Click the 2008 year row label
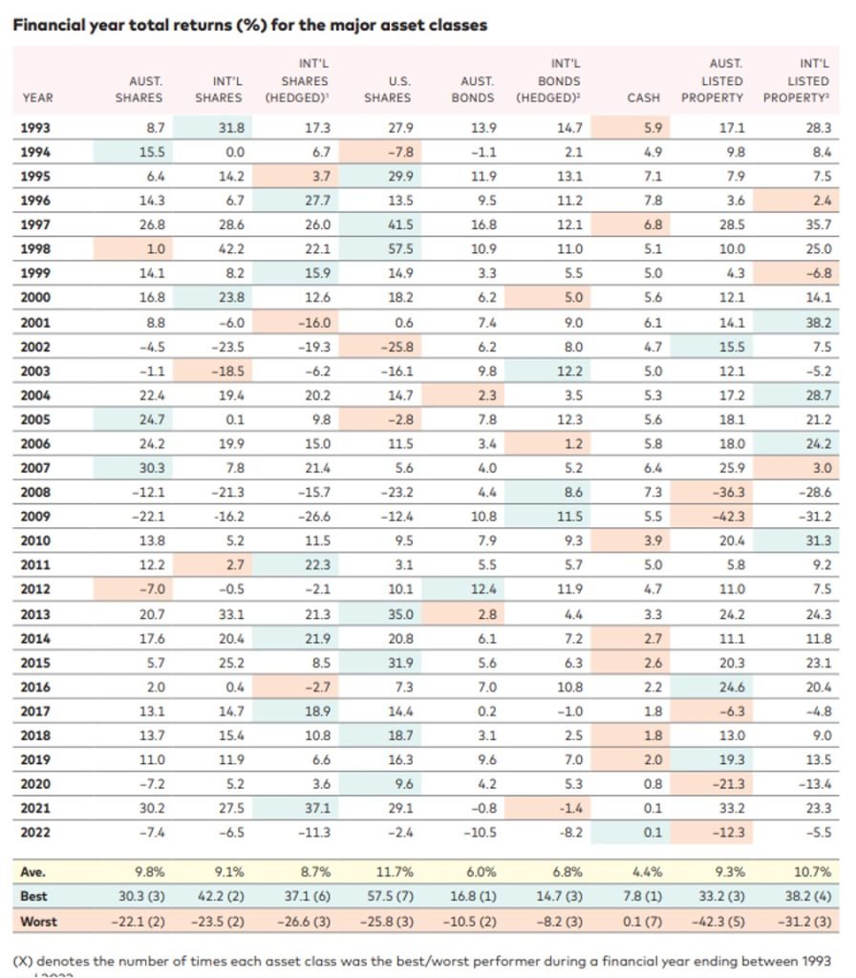tap(35, 492)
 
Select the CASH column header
tap(643, 98)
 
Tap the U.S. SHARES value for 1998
tap(400, 249)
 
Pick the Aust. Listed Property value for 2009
tap(728, 517)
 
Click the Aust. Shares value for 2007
tap(152, 468)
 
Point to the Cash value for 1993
tap(653, 128)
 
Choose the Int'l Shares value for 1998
tap(231, 249)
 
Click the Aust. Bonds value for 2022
tap(480, 833)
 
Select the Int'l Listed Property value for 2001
tap(819, 323)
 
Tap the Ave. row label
tap(32, 872)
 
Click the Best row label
tap(33, 896)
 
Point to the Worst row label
tap(38, 922)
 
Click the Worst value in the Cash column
tap(642, 922)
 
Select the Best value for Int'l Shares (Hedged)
tap(307, 896)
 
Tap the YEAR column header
tap(37, 98)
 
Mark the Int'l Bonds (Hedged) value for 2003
tap(569, 372)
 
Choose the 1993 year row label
tap(35, 128)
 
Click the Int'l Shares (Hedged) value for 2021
tap(317, 808)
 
